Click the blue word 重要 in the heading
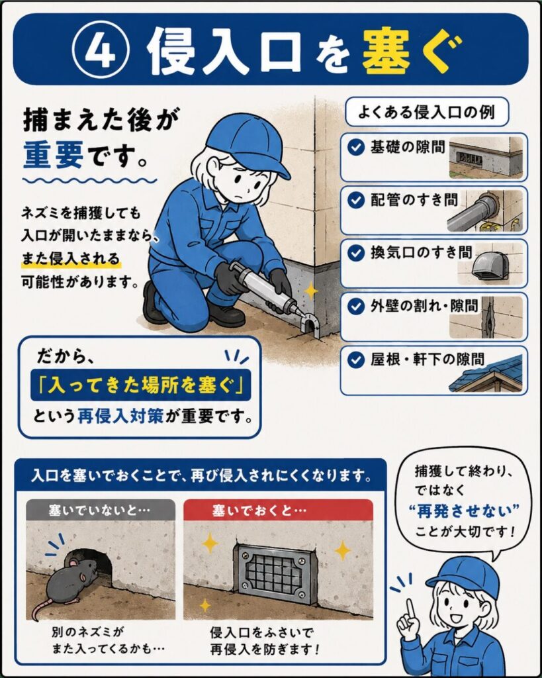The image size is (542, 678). coord(53,155)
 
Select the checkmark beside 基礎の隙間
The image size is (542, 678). coord(356,148)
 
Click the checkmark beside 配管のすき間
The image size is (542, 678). coord(356,201)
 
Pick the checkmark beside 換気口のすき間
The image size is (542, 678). coord(356,254)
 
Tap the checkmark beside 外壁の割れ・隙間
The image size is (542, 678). coord(356,307)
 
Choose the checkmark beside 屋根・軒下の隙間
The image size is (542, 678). coord(356,360)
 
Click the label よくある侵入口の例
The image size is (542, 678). coord(426,112)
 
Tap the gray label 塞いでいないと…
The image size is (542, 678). coord(101,510)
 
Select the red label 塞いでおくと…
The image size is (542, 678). coord(278,510)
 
